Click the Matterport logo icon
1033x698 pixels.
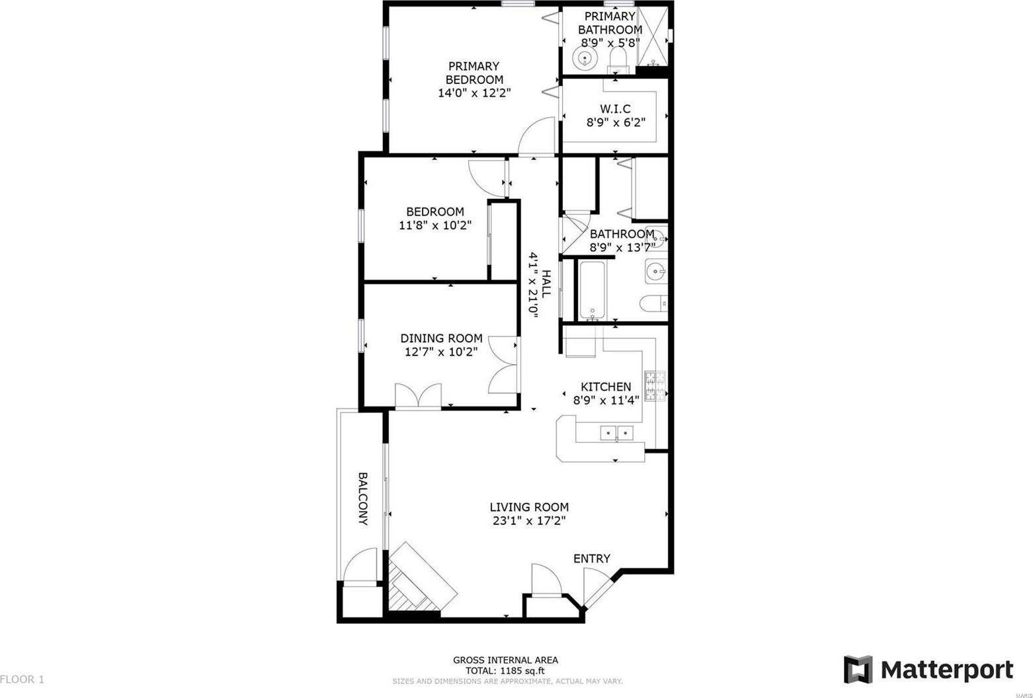click(x=858, y=670)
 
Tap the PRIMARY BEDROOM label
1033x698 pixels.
click(x=474, y=73)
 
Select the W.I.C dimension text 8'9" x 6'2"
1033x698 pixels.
click(x=616, y=122)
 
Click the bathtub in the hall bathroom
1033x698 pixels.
click(x=592, y=290)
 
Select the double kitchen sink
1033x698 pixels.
click(x=616, y=433)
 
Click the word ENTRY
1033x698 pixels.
click(x=591, y=559)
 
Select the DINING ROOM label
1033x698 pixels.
click(x=441, y=338)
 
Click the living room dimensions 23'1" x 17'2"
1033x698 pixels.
click(x=529, y=521)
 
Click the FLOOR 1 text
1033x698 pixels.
click(x=22, y=679)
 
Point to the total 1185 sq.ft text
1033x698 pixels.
click(x=505, y=670)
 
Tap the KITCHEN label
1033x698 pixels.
click(x=605, y=387)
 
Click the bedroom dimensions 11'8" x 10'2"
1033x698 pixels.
click(x=434, y=225)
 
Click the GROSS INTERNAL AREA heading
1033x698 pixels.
click(x=505, y=660)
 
